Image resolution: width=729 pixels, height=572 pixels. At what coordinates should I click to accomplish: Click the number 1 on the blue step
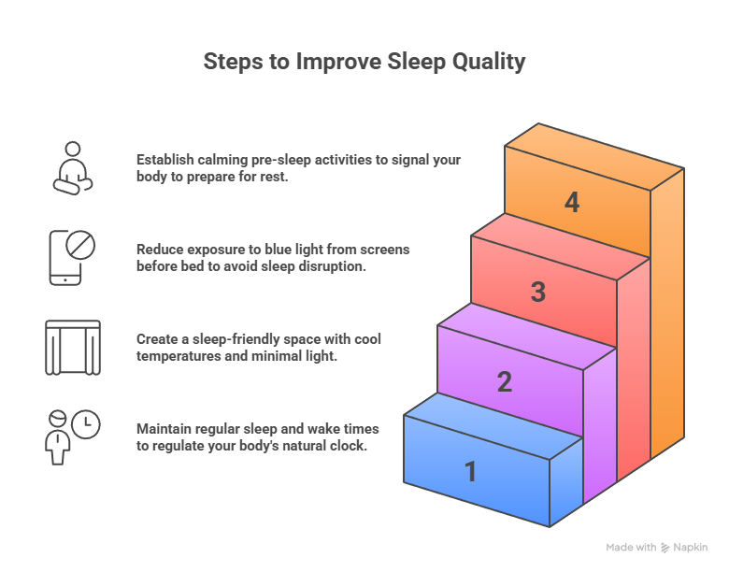[471, 472]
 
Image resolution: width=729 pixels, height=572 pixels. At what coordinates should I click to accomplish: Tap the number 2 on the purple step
[505, 382]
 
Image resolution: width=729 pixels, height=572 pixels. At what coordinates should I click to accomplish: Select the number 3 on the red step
[538, 293]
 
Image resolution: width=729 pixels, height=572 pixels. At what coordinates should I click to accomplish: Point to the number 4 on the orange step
[572, 203]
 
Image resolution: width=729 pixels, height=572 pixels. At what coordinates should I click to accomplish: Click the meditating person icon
[72, 167]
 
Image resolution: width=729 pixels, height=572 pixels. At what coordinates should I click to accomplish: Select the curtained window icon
[72, 347]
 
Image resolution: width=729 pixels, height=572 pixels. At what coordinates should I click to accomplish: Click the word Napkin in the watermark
[692, 548]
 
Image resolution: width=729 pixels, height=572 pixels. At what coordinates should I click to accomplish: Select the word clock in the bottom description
[349, 446]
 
